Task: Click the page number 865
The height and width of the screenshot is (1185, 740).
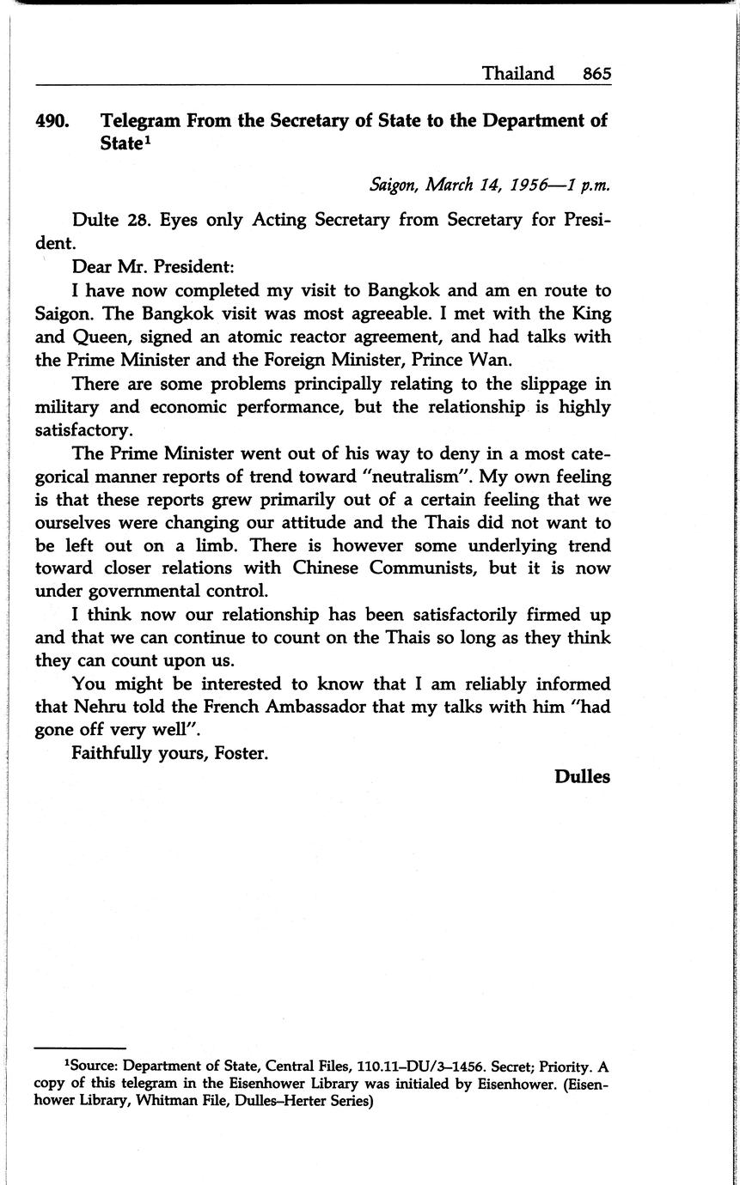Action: (596, 74)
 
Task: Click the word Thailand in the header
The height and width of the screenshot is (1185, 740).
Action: (517, 74)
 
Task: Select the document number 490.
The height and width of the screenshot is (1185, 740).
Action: (52, 121)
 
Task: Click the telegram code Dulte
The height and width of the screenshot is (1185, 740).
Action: (95, 220)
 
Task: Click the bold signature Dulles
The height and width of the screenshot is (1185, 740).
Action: (582, 776)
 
